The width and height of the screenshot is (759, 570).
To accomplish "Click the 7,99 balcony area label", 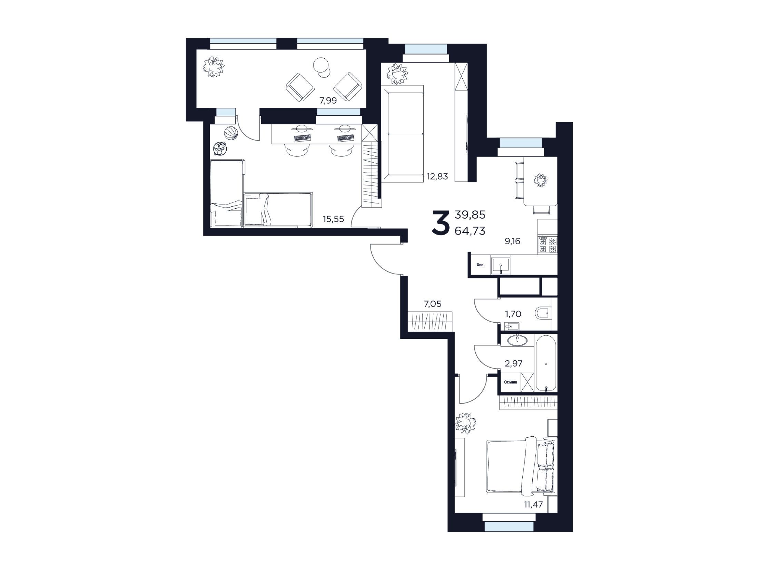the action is pyautogui.click(x=328, y=101).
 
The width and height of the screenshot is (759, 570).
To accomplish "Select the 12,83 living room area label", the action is pyautogui.click(x=437, y=177).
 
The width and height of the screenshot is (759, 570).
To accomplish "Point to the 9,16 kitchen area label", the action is pyautogui.click(x=512, y=241).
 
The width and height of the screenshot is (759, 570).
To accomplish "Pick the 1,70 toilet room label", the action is pyautogui.click(x=513, y=314).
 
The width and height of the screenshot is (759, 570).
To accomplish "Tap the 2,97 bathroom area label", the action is pyautogui.click(x=514, y=363).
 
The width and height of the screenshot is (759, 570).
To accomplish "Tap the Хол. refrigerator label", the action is pyautogui.click(x=480, y=265).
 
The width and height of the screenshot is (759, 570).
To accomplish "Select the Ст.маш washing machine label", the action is pyautogui.click(x=511, y=382).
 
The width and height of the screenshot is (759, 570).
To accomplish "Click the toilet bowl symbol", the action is pyautogui.click(x=543, y=314).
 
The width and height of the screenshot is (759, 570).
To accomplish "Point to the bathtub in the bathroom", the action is pyautogui.click(x=546, y=363).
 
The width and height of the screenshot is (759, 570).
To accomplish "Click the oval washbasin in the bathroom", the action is pyautogui.click(x=517, y=340).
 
